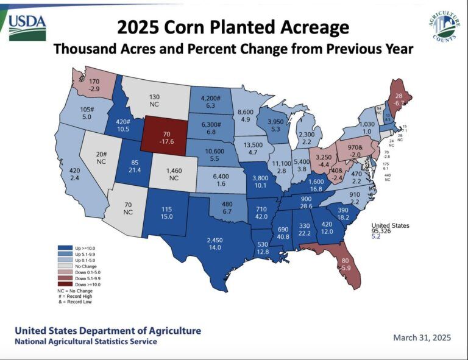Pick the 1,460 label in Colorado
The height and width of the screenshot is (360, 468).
click(x=174, y=170)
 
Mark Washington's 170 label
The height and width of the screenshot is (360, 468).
click(x=94, y=81)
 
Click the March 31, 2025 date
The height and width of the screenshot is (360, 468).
click(x=422, y=337)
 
